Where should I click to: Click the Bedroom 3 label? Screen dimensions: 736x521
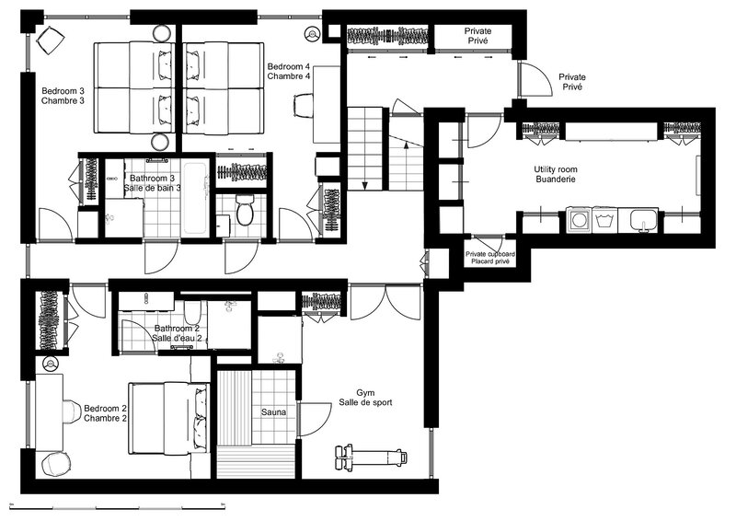pos(63,91)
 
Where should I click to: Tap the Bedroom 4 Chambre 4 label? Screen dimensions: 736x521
pos(289,72)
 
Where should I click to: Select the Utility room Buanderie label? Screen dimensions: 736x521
pos(556,174)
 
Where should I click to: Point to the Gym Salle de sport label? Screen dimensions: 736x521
pos(365,398)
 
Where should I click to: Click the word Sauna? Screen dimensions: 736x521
pos(273,412)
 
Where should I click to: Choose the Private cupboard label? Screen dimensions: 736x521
pos(490,254)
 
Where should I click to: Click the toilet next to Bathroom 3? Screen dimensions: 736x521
pos(244,211)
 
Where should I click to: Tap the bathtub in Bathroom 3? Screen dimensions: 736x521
pos(195,198)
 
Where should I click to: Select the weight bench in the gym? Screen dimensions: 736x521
pos(371,457)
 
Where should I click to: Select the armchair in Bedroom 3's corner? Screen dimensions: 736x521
pos(50,39)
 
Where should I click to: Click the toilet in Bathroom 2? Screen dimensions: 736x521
pos(192,313)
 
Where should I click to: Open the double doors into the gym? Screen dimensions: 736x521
pos(385,303)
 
